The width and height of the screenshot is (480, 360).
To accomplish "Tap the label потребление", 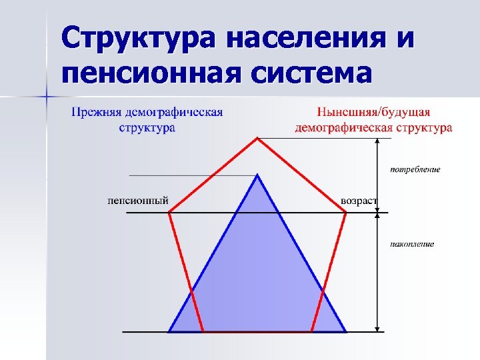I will pos(415,169).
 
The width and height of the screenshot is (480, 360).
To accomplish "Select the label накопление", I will pos(412,244).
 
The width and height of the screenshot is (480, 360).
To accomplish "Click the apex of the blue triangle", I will pos(257,175).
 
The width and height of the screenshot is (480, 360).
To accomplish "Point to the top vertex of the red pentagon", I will pos(257,139).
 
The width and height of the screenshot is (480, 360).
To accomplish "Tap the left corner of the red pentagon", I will pos(169,213).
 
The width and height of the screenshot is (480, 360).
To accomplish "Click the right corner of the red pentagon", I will pos(346,213).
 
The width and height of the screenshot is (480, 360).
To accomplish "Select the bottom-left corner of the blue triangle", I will pos(169,331).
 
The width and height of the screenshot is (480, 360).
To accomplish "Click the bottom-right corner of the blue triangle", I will pos(346,331).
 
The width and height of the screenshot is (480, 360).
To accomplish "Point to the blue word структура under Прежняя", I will pos(147,127).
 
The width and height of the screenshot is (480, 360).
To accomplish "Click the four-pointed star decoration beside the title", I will pos(47,97).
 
